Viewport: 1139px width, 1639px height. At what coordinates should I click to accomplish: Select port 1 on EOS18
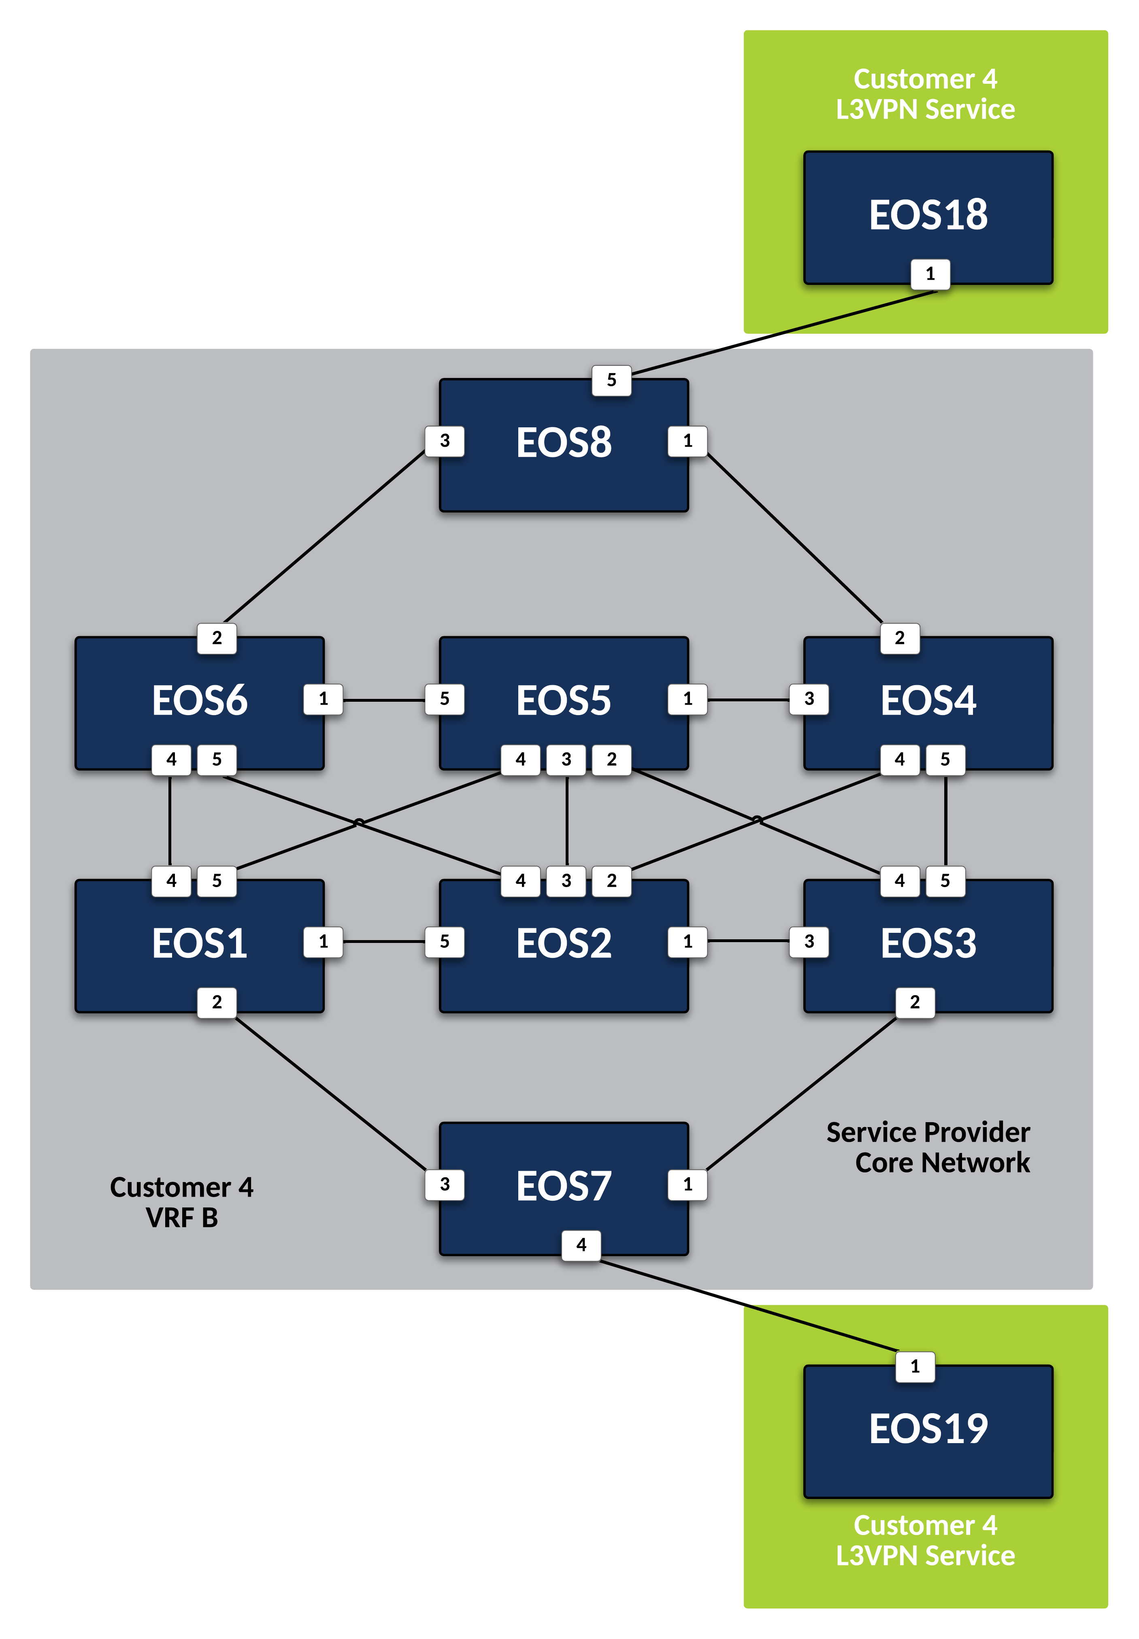pyautogui.click(x=930, y=274)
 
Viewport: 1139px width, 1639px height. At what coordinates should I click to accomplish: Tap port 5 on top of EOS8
pyautogui.click(x=611, y=380)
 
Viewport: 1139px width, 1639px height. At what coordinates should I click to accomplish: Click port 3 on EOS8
pyautogui.click(x=445, y=441)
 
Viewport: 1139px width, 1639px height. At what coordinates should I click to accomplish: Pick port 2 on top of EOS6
pyautogui.click(x=217, y=638)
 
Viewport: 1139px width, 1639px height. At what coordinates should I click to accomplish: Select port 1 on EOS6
pyautogui.click(x=323, y=699)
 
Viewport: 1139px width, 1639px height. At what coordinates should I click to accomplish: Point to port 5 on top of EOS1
pyautogui.click(x=217, y=881)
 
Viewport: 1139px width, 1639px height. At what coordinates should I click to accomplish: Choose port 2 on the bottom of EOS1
pyautogui.click(x=217, y=1002)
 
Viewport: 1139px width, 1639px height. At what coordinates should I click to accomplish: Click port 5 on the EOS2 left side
pyautogui.click(x=445, y=941)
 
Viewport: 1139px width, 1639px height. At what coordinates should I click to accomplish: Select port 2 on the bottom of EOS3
pyautogui.click(x=915, y=1002)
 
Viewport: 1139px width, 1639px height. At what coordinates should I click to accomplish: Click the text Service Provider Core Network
pyautogui.click(x=928, y=1147)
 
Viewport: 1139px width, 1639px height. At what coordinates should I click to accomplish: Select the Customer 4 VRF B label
pyautogui.click(x=181, y=1202)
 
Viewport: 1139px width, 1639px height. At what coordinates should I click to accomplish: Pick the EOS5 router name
pyautogui.click(x=563, y=701)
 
